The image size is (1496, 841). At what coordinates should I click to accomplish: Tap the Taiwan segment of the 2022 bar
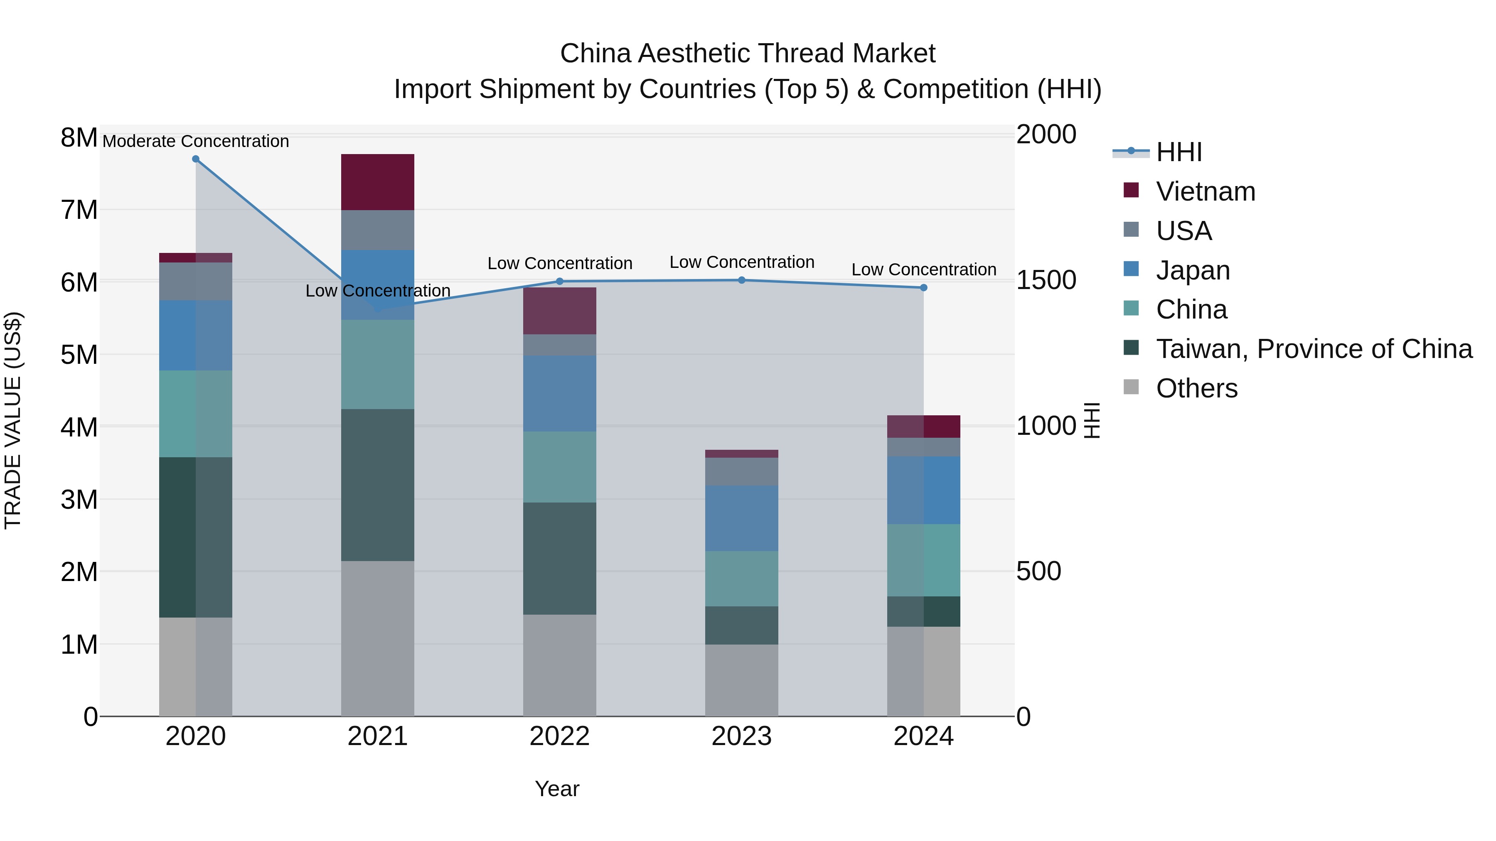(559, 558)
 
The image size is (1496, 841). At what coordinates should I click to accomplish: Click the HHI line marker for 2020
(196, 159)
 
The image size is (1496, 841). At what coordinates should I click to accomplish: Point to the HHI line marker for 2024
(923, 287)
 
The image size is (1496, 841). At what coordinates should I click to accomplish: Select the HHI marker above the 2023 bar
(742, 280)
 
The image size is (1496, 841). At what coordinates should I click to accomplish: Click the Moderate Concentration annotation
(196, 141)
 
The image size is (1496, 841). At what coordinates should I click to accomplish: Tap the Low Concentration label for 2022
(559, 263)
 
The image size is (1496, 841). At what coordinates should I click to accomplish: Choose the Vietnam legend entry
(1205, 191)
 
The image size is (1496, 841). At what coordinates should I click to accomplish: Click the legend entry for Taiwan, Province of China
(1314, 349)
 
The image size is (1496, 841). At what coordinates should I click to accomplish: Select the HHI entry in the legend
(1179, 152)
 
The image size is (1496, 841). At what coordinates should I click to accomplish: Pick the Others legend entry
(1196, 388)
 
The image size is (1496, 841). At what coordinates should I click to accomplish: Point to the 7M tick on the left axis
(79, 210)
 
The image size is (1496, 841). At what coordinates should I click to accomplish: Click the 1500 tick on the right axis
(1046, 280)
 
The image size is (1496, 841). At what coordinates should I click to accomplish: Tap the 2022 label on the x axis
(559, 736)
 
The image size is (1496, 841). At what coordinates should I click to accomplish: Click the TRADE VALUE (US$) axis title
(13, 420)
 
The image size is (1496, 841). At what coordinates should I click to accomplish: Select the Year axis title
(557, 789)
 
